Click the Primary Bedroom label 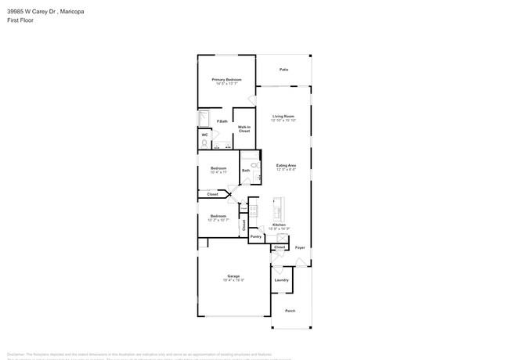226,80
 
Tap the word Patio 283,70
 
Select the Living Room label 283,117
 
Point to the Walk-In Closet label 244,129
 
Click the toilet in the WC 204,144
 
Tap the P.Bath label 222,121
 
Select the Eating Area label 286,165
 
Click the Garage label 233,276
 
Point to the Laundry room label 281,279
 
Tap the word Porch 290,311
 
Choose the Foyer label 299,247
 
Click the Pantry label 255,236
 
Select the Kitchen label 280,225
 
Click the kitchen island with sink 276,211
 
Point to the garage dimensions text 233,280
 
